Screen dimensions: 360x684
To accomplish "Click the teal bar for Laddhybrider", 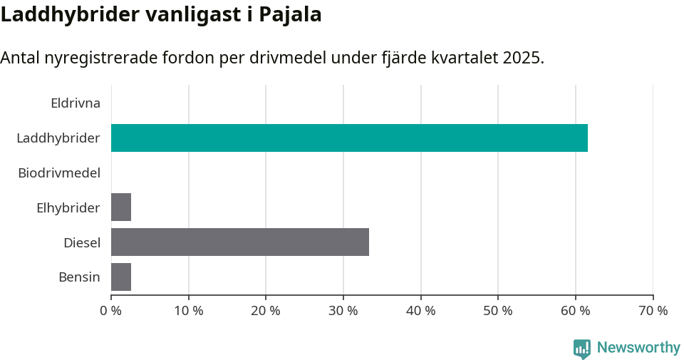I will [x=349, y=138].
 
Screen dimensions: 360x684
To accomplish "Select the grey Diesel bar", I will [x=240, y=242].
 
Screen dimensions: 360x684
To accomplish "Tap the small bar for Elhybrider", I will [x=121, y=207].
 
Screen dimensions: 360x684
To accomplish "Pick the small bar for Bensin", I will [x=121, y=277].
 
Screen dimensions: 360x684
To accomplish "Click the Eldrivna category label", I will [x=76, y=103].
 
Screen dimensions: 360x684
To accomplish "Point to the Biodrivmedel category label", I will [x=59, y=173].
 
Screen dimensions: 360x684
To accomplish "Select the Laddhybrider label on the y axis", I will [x=58, y=138].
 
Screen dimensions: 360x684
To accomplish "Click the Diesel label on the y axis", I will [x=82, y=242].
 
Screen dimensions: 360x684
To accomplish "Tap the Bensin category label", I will [x=79, y=277].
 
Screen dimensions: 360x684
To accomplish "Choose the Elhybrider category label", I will [x=68, y=207].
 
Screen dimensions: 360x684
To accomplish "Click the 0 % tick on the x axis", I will [x=111, y=311].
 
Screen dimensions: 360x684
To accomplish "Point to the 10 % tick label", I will [x=188, y=311].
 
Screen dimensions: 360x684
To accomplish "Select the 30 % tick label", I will [x=343, y=311].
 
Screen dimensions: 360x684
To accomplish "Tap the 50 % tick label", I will [x=498, y=311].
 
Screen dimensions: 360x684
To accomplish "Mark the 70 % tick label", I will [x=653, y=311].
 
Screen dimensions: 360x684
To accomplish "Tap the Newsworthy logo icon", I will [x=582, y=348].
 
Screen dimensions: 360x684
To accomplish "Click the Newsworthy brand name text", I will [x=638, y=348].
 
